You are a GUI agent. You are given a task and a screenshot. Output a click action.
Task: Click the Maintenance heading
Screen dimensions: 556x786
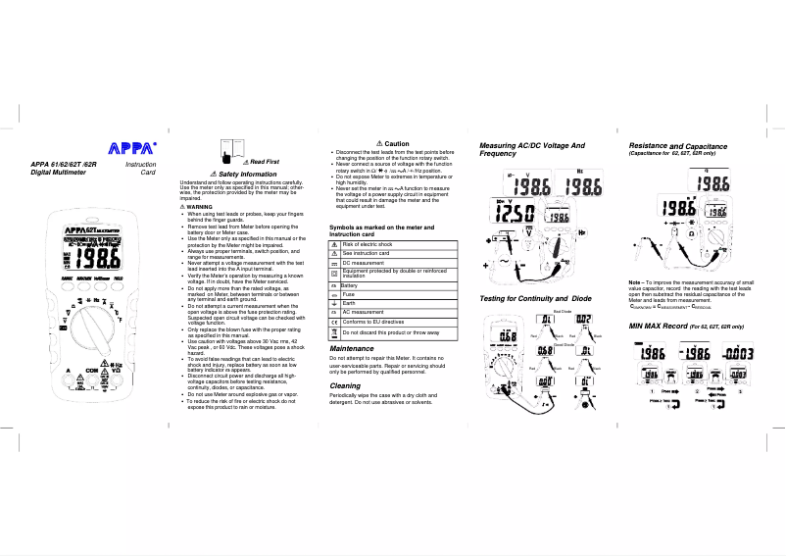[352, 348]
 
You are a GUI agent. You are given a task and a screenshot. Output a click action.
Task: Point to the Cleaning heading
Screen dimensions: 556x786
[346, 385]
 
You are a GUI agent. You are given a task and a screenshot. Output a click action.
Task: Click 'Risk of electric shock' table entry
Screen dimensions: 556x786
[368, 244]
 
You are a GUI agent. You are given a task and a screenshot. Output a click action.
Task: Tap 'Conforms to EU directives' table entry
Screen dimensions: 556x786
[373, 322]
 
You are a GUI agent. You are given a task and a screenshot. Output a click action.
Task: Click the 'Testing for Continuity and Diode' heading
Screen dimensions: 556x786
[535, 298]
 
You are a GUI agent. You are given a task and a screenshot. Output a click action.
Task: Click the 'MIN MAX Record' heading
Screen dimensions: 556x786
[685, 325]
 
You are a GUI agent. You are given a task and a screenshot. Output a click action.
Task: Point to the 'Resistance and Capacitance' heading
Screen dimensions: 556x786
[677, 146]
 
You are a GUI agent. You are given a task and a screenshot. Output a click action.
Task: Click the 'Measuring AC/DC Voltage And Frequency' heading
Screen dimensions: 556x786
[531, 150]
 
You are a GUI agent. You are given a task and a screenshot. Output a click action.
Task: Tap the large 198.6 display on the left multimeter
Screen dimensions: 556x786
[101, 258]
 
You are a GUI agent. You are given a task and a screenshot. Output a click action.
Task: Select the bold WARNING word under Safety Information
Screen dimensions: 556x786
[199, 207]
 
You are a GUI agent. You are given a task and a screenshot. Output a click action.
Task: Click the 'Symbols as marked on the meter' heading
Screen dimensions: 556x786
[380, 229]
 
